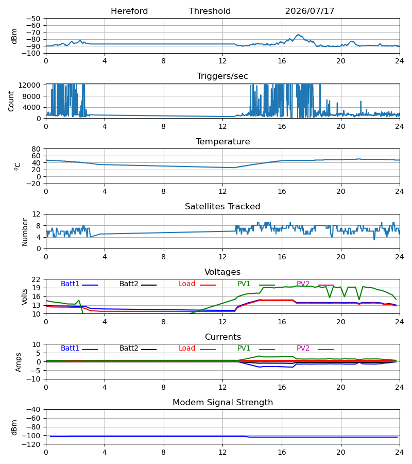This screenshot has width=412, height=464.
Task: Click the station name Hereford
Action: click(x=129, y=11)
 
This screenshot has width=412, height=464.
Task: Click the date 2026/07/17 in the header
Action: click(x=310, y=11)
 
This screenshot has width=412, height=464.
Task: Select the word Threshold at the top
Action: click(x=210, y=11)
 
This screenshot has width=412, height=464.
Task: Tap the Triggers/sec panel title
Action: click(x=222, y=76)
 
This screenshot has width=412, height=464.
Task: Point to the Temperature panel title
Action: click(x=222, y=141)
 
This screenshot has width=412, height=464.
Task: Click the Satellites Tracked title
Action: click(x=222, y=207)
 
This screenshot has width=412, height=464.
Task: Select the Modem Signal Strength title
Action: click(x=222, y=403)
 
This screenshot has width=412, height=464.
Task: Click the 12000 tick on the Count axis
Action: click(x=29, y=85)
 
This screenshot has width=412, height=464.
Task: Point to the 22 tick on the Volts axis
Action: click(x=36, y=279)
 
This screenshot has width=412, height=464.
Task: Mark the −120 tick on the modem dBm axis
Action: click(x=33, y=444)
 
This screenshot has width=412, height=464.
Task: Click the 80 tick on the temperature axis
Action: click(x=36, y=149)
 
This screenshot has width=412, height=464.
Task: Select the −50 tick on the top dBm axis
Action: click(x=33, y=19)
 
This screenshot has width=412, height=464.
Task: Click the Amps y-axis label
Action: click(x=19, y=362)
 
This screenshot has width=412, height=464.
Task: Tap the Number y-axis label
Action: click(x=25, y=233)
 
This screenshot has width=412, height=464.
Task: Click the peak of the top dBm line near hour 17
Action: click(x=299, y=35)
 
